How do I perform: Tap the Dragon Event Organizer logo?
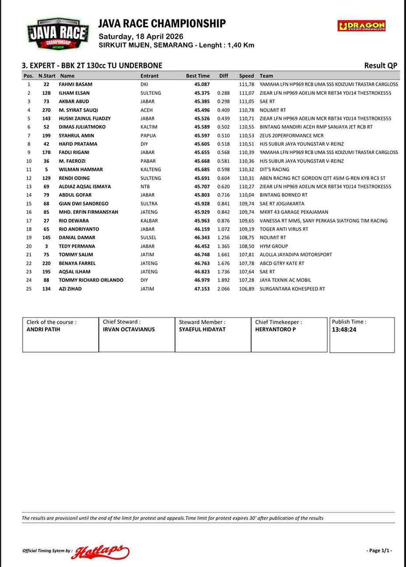[x=361, y=26]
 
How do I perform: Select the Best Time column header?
[x=198, y=76]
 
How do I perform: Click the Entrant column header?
[x=149, y=76]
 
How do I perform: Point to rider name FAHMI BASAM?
[x=75, y=84]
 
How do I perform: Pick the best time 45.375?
[x=202, y=93]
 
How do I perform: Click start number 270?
[x=46, y=110]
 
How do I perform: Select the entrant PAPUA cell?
[x=148, y=136]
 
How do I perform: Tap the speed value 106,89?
[x=247, y=289]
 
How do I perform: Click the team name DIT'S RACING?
[x=274, y=169]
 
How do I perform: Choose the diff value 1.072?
[x=223, y=229]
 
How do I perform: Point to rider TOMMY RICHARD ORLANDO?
[x=91, y=280]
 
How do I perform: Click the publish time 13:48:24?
[x=344, y=330]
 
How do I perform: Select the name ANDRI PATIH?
[x=43, y=329]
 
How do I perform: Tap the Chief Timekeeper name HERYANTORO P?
[x=275, y=329]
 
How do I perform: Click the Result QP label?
[x=381, y=66]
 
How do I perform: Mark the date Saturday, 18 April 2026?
[x=141, y=36]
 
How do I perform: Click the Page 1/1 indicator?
[x=379, y=551]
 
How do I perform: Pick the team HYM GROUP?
[x=274, y=246]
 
